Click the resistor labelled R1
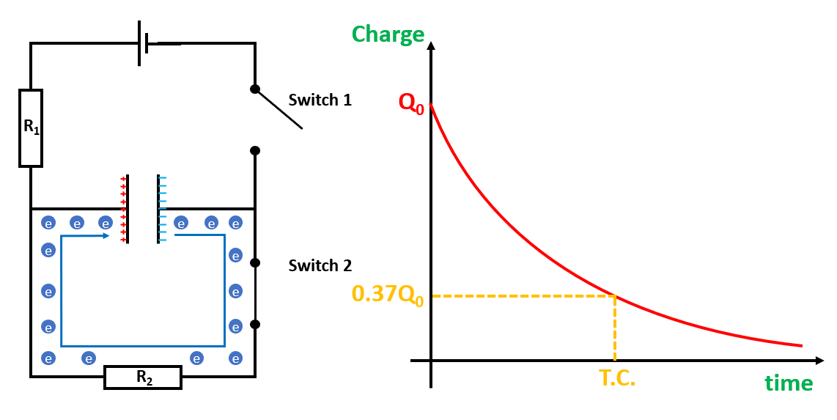(31, 128)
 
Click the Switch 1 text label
(320, 100)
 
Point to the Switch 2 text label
(320, 265)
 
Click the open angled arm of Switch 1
(279, 109)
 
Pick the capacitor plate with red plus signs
(128, 209)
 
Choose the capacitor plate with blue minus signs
(158, 209)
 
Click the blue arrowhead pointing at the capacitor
(106, 236)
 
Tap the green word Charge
(388, 34)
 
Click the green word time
(789, 383)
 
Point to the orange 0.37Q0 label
(388, 295)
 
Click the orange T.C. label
(616, 378)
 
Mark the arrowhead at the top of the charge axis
(431, 46)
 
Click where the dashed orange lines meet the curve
(614, 295)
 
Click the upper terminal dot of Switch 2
(255, 262)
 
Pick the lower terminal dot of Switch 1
(255, 150)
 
